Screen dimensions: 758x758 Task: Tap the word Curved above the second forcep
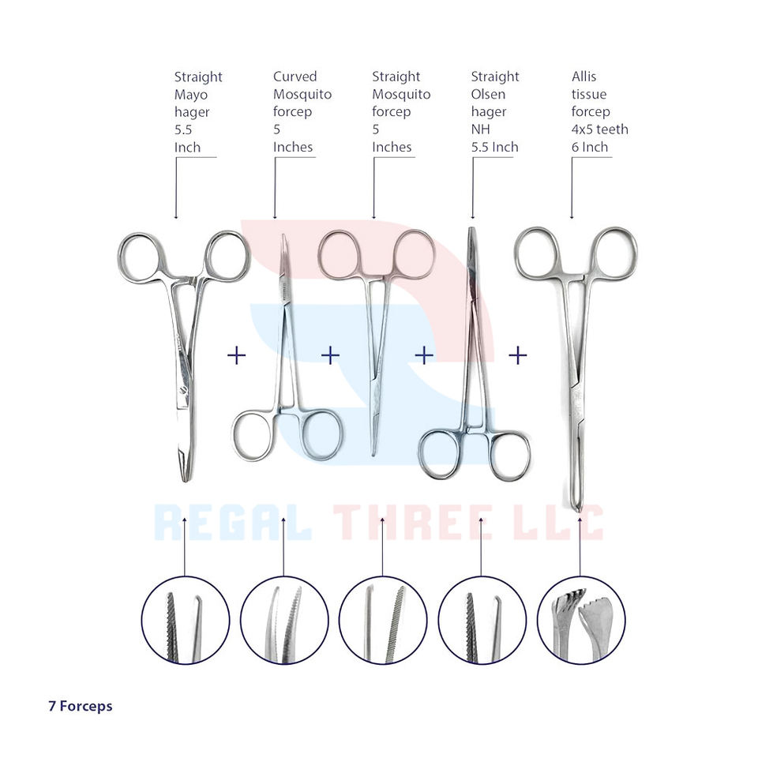click(x=295, y=77)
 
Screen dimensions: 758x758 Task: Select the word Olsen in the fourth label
click(x=490, y=94)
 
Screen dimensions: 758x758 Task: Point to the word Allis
click(x=584, y=77)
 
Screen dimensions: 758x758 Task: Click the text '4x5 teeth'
click(x=599, y=129)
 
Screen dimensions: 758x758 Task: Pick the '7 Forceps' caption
click(x=80, y=706)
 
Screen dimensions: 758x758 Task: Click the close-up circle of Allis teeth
click(x=580, y=620)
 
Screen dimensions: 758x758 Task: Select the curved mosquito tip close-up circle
click(x=284, y=620)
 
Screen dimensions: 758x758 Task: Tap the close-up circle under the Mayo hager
click(x=185, y=620)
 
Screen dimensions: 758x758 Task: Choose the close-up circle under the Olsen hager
click(x=482, y=620)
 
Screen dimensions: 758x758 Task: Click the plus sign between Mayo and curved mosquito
click(x=236, y=356)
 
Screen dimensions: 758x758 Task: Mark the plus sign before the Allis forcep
click(x=517, y=356)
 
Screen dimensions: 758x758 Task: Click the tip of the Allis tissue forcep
click(x=578, y=507)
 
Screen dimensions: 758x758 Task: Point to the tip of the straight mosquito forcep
click(x=373, y=453)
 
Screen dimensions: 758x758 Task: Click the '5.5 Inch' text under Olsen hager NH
click(x=494, y=147)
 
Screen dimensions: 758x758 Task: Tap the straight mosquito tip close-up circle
click(x=383, y=620)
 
